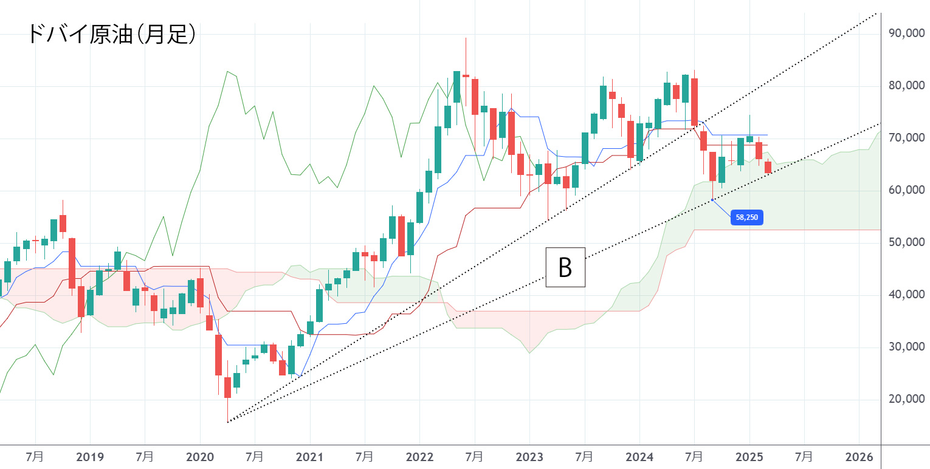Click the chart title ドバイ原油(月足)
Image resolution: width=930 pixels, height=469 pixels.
tap(112, 34)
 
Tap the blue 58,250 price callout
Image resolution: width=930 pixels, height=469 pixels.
tap(747, 217)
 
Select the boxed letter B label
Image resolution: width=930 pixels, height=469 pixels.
tap(565, 267)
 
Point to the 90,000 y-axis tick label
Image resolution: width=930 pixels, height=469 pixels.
tap(902, 34)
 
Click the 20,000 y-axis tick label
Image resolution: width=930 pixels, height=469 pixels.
tap(902, 399)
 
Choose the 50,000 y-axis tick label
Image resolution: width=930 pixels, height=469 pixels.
tap(902, 242)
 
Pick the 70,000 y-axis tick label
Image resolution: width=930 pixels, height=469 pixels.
tap(902, 138)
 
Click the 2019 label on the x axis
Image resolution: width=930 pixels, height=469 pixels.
tap(90, 456)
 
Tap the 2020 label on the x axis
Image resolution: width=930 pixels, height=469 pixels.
tap(200, 456)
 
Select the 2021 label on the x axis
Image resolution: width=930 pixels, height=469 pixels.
tap(310, 456)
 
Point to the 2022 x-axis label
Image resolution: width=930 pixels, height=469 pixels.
tap(419, 456)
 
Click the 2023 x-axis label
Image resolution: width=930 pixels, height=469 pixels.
tap(529, 456)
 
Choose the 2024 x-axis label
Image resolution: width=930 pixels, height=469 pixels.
tap(639, 456)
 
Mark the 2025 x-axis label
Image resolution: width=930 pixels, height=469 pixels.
tap(749, 456)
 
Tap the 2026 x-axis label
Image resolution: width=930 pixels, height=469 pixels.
tap(859, 456)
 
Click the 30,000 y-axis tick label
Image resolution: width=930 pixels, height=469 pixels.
tap(902, 347)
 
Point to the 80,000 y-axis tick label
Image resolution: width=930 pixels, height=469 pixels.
tap(902, 86)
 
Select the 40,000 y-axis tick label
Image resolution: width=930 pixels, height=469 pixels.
tap(902, 295)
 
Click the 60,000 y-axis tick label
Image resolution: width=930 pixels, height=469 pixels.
tap(902, 190)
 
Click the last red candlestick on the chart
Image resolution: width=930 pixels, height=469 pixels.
tap(768, 168)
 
